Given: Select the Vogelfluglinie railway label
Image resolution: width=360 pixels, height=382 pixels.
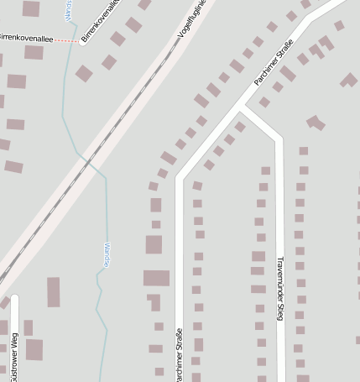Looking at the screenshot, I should pyautogui.click(x=192, y=22).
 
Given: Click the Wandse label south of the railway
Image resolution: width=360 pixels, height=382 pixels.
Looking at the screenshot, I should pyautogui.click(x=106, y=254).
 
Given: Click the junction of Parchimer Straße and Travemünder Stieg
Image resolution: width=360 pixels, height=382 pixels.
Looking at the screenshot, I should pyautogui.click(x=242, y=107).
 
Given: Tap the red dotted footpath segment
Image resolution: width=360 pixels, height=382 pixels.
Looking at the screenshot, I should pyautogui.click(x=68, y=39).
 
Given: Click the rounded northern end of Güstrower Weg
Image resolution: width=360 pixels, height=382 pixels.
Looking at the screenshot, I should pyautogui.click(x=13, y=298).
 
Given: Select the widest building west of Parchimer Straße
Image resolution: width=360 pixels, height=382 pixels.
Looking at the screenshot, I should pyautogui.click(x=156, y=278).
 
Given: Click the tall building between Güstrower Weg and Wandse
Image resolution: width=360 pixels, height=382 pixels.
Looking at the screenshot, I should pyautogui.click(x=54, y=291).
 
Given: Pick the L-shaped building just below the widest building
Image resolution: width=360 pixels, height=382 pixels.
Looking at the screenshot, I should pyautogui.click(x=154, y=301).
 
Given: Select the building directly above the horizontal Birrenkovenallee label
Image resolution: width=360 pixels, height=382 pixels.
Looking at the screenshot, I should pyautogui.click(x=31, y=9).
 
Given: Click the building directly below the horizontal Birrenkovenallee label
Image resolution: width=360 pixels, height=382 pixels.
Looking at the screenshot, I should pyautogui.click(x=34, y=52).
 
